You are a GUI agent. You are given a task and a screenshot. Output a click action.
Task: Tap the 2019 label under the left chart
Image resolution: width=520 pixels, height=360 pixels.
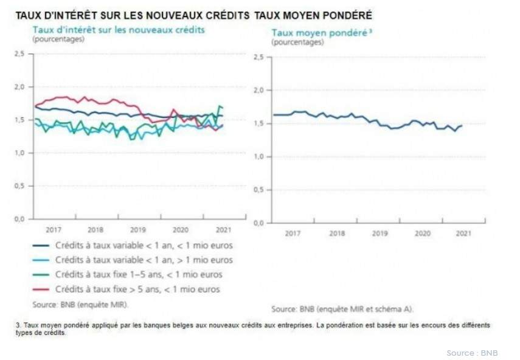tap(138, 229)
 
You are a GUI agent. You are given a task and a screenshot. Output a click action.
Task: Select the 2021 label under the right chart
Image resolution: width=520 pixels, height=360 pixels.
tap(464, 233)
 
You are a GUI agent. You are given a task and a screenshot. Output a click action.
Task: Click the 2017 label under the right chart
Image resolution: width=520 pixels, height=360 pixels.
tap(293, 233)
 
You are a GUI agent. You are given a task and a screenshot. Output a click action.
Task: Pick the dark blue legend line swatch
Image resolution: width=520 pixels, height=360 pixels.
tap(41, 246)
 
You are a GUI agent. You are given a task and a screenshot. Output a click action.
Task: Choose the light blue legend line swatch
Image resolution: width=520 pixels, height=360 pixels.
tap(41, 260)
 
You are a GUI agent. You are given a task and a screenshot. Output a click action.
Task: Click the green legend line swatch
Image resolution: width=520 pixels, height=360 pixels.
tap(41, 275)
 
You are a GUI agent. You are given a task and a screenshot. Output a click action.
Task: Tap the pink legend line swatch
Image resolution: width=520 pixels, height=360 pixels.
tap(41, 289)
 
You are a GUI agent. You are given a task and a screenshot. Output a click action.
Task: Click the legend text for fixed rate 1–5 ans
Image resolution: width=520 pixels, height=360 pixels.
tap(139, 275)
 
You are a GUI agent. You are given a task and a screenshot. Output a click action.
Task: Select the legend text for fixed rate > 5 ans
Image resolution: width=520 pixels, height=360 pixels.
tap(137, 289)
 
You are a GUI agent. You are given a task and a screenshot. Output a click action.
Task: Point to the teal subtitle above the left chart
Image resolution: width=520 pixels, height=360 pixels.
tap(118, 29)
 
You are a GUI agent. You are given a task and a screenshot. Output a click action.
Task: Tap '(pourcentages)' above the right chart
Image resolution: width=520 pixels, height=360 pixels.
tap(297, 43)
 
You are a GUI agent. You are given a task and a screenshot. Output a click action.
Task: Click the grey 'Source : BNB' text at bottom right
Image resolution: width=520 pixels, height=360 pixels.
tap(471, 353)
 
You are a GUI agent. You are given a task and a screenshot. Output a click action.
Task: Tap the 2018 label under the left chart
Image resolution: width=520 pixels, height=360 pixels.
tap(95, 229)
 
